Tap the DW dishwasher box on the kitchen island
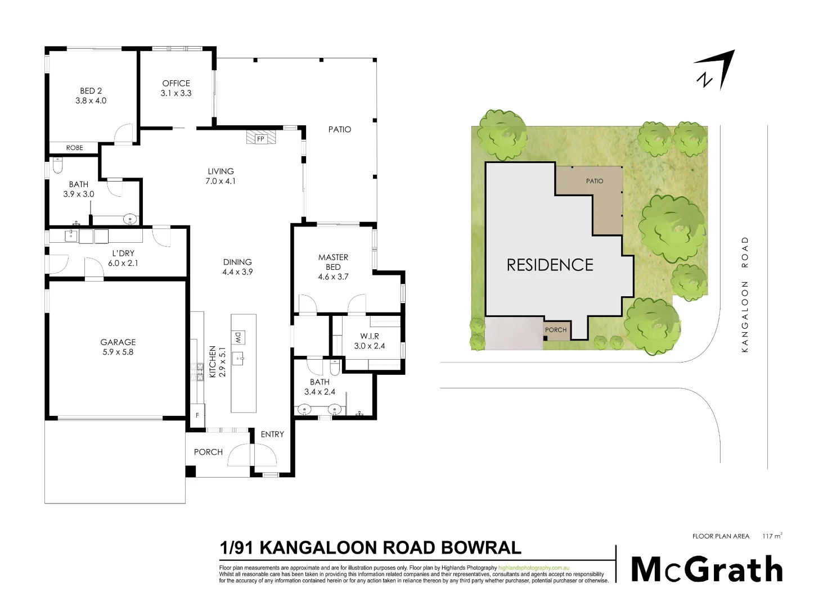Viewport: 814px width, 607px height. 238,337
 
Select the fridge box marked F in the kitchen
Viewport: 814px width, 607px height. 197,415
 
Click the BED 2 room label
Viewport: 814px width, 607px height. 91,90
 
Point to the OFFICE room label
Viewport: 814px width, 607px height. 176,83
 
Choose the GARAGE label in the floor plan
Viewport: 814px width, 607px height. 118,342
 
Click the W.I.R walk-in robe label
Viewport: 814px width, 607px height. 370,336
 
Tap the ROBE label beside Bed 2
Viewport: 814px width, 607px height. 74,148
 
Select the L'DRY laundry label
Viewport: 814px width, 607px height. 123,253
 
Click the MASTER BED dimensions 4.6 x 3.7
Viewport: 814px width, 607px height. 334,277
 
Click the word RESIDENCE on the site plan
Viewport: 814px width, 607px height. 550,265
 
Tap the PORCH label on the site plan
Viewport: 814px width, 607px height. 556,330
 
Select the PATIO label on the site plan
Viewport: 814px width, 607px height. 595,181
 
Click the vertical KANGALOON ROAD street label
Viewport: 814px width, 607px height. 745,295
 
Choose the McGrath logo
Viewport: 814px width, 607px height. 707,569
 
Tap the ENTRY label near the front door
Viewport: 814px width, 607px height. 272,434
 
